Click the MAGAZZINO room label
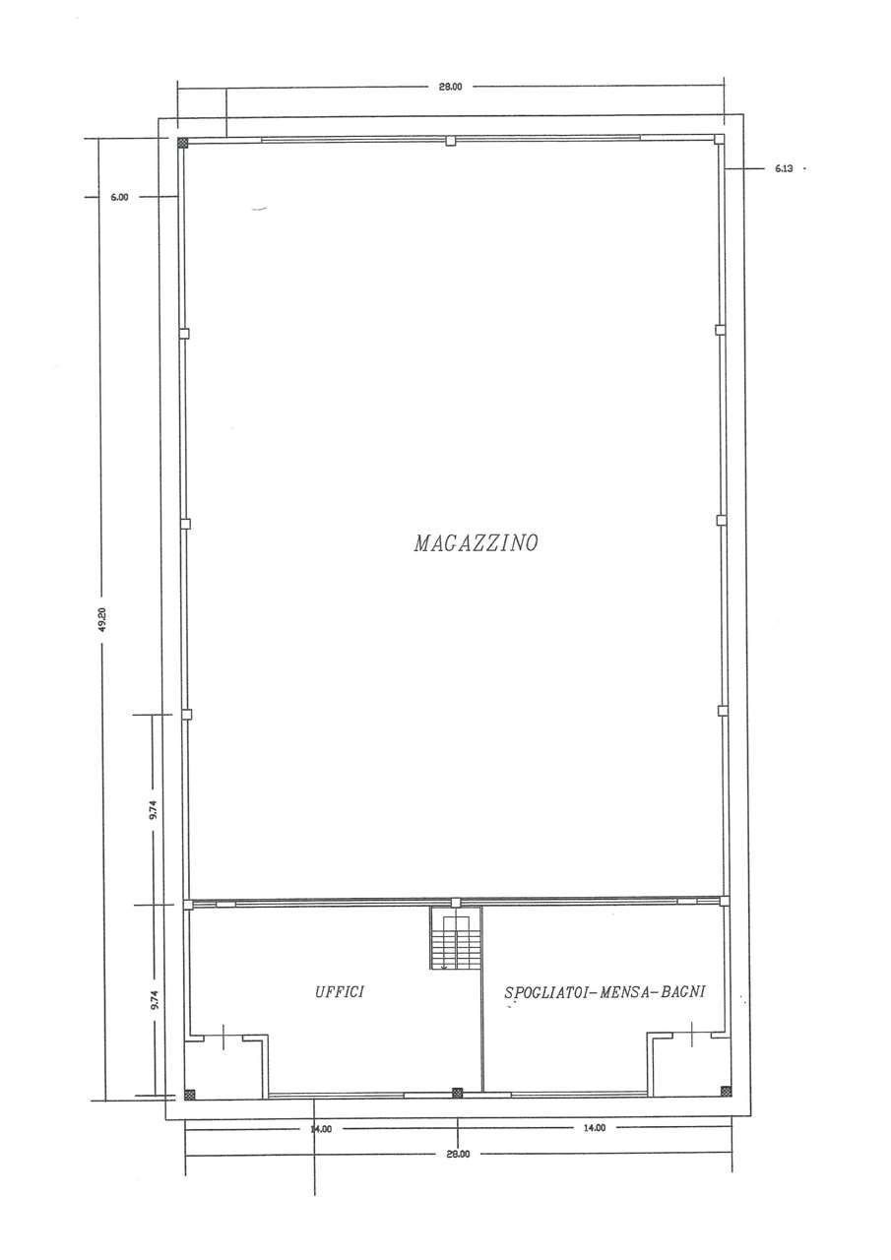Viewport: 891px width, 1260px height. coord(476,542)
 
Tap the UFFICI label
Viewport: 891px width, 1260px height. coord(340,991)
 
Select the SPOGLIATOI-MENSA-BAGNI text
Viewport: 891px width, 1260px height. coord(605,991)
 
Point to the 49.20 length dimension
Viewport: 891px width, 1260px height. coord(101,619)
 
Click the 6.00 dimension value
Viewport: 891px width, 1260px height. coord(119,197)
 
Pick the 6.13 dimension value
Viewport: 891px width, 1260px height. coord(784,168)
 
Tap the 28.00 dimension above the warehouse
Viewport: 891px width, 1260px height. coord(451,87)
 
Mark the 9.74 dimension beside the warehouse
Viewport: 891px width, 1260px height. coord(155,809)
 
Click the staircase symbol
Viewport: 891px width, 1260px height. coord(456,938)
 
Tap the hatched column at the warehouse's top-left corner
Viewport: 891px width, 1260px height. coord(182,143)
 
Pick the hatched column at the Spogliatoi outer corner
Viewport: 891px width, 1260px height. coord(727,1091)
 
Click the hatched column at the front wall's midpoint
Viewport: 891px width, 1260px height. coord(457,1093)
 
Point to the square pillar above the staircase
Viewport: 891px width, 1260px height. coord(456,903)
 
